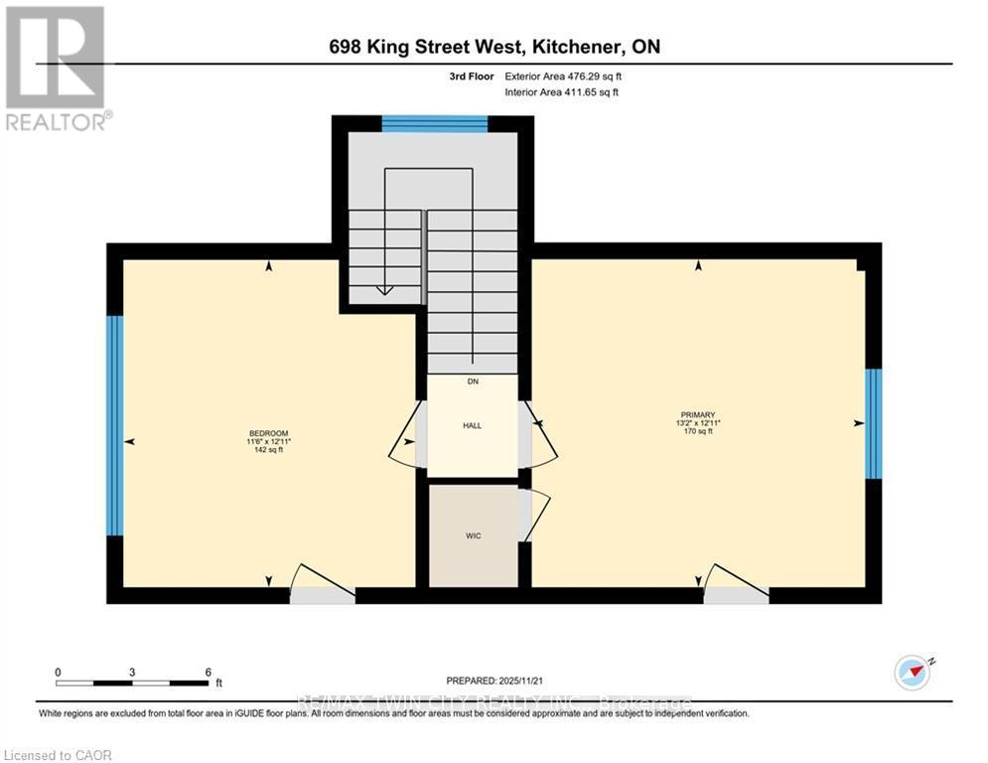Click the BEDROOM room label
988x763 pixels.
coord(268,433)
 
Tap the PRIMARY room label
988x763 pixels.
coord(698,415)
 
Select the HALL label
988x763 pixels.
coord(472,425)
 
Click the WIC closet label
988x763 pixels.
coord(474,535)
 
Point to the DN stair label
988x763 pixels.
coord(473,381)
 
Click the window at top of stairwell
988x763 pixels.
coord(434,123)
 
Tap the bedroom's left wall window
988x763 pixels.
coord(115,425)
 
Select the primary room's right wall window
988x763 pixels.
coord(873,423)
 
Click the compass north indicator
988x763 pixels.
coord(912,672)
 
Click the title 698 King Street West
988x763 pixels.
coord(494,47)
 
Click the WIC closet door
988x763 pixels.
coord(531,514)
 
